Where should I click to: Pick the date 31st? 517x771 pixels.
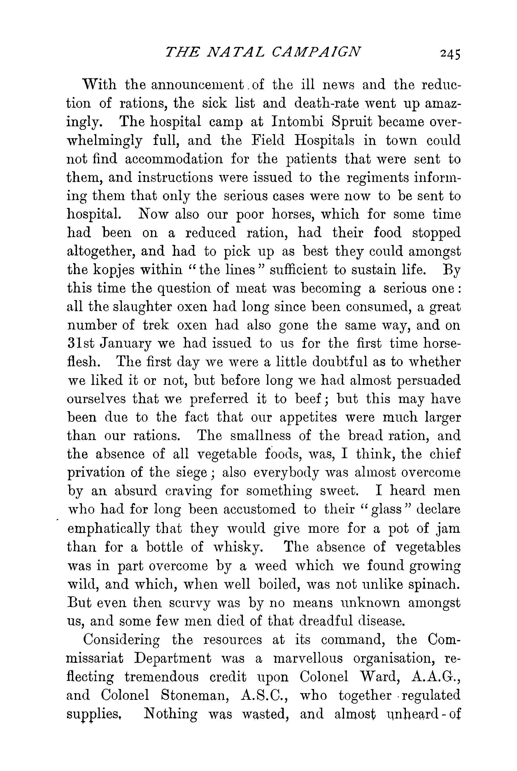tap(80, 344)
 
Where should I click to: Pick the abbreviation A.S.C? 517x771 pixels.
tap(264, 695)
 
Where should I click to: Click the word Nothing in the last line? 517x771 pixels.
tap(171, 714)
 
